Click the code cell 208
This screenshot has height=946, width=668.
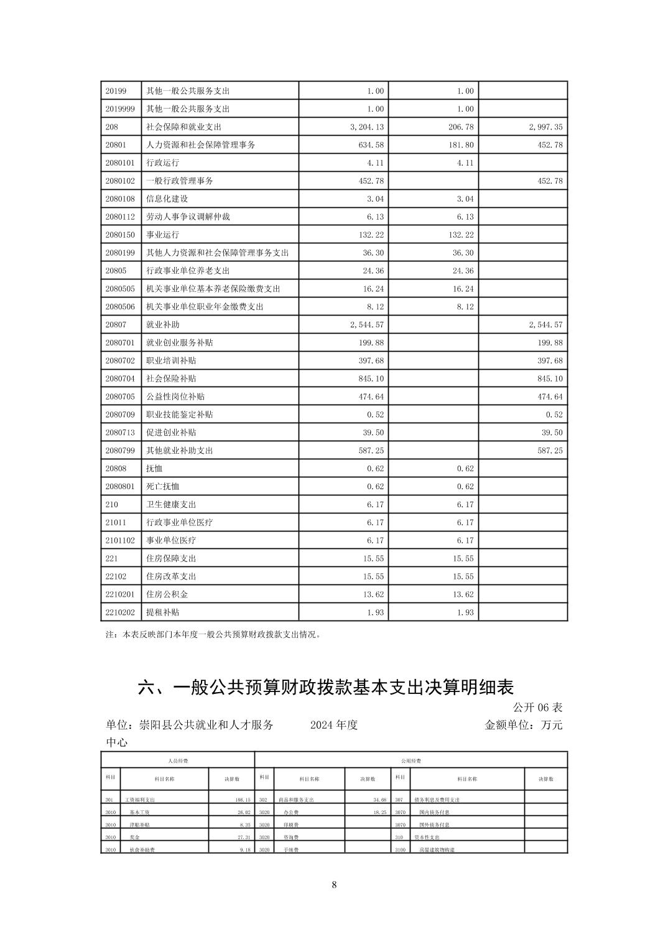pos(112,127)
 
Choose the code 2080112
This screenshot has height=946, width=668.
pos(120,217)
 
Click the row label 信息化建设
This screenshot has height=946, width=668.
pos(167,199)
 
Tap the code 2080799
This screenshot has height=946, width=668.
pos(120,451)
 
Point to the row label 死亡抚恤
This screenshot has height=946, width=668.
pos(162,487)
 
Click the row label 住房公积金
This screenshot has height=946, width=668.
pos(167,594)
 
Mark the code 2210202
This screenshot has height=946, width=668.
pos(120,612)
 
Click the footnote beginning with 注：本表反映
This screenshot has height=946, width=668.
pos(213,635)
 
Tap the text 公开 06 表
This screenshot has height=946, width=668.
pos(537,708)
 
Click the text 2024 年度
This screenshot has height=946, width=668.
pos(334,725)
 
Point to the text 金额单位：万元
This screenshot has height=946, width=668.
pos(523,725)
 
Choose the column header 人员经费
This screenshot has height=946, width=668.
pos(178,761)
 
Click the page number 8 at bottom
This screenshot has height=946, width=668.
pos(334,885)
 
